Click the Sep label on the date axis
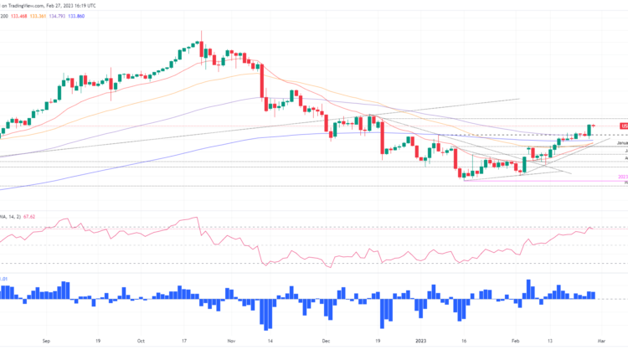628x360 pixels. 46,341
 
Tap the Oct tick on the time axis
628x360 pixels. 140,341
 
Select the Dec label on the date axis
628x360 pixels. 326,341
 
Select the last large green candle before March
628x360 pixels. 590,130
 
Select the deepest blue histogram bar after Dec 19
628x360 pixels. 386,312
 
